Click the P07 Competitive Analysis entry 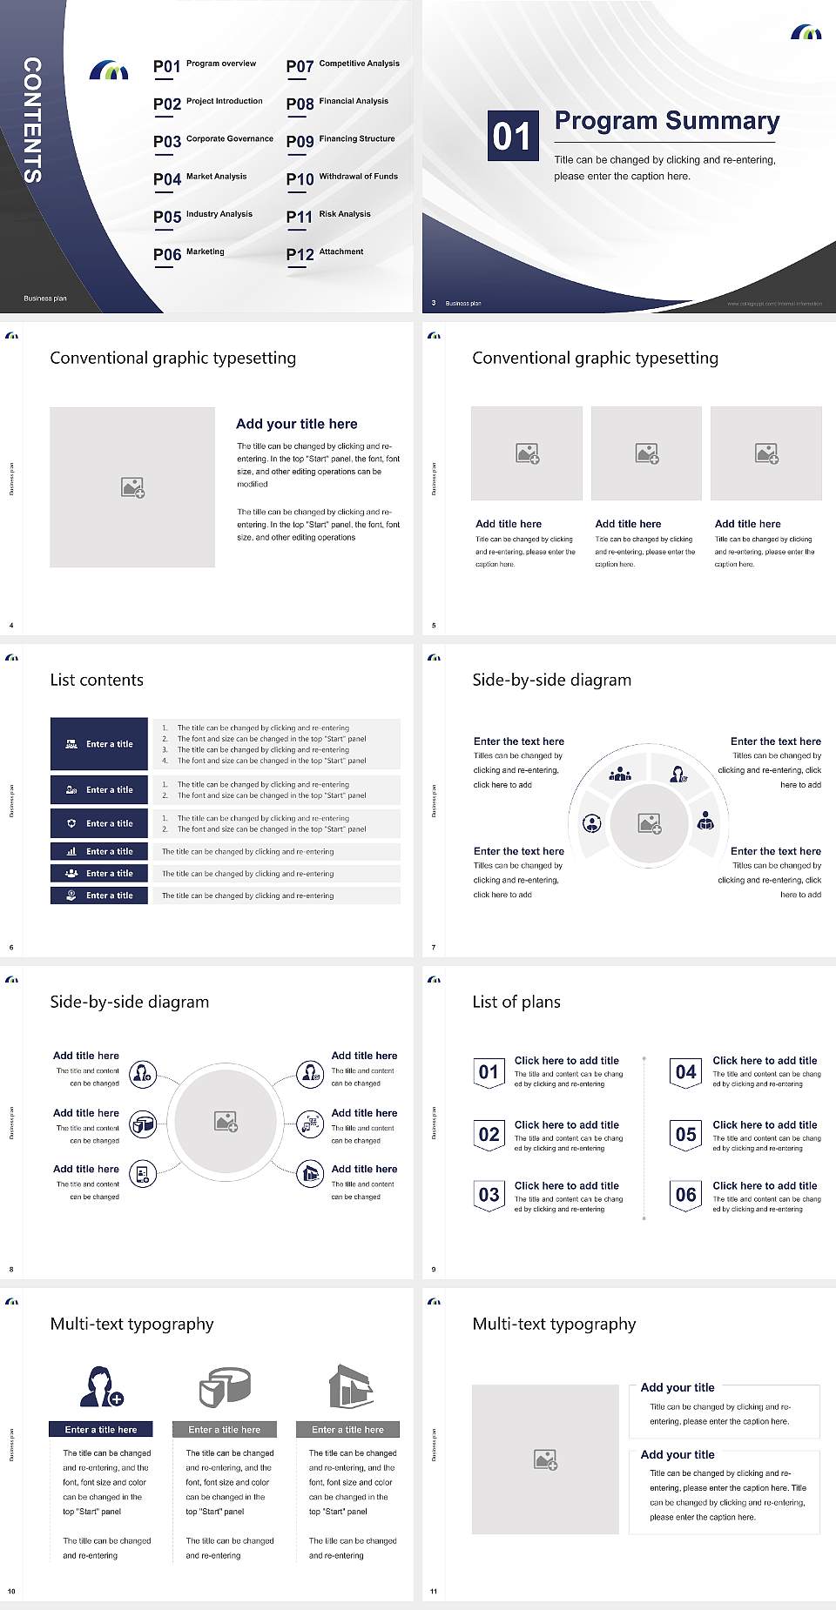coord(342,65)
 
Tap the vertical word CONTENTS coord(32,120)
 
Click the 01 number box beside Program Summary coord(511,136)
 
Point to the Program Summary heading coord(666,121)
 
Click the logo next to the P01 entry coord(109,70)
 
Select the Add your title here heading coord(296,424)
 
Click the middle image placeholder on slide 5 coord(646,453)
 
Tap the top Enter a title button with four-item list coord(100,744)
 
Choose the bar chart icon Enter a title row coord(100,851)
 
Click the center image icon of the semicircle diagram coord(650,823)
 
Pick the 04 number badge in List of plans coord(685,1072)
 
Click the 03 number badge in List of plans coord(489,1195)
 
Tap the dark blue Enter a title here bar coord(100,1429)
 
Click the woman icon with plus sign coord(100,1386)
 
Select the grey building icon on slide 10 coord(351,1385)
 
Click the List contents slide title coord(97,680)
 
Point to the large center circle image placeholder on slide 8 coord(226,1122)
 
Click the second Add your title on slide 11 coord(678,1454)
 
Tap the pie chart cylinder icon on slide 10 coord(225,1386)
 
